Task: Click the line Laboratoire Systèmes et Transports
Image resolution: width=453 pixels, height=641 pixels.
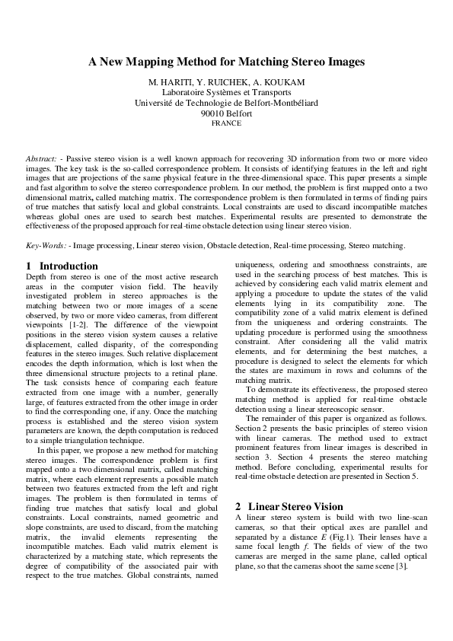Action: [x=226, y=92]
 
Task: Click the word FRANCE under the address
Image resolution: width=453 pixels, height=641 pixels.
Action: [x=226, y=123]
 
